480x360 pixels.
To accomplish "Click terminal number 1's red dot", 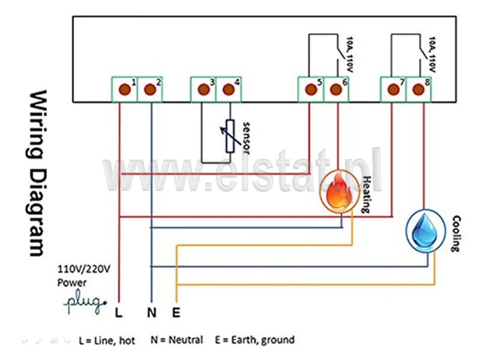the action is point(125,89).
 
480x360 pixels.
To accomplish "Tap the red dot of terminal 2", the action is point(149,89).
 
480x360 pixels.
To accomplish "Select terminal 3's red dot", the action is point(203,89).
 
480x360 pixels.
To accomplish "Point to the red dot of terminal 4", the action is point(229,89).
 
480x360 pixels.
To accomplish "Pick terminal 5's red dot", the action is point(311,89).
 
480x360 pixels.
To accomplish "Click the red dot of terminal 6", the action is point(336,89).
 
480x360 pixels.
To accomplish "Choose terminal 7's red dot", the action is point(394,89).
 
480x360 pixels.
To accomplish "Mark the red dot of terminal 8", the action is point(418,89).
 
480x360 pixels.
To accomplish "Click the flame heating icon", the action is point(338,191).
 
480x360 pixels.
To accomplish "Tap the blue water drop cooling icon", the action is point(425,230).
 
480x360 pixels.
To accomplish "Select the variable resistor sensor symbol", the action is point(230,136).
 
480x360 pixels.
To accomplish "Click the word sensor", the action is point(246,138).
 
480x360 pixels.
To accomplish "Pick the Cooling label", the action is point(456,233).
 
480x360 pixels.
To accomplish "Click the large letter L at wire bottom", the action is point(118,313).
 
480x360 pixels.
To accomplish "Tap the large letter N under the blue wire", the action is point(152,313).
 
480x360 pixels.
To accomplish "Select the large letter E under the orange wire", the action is point(176,313).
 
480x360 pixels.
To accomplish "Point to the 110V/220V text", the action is point(83,269).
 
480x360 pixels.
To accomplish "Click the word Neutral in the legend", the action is point(186,340).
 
